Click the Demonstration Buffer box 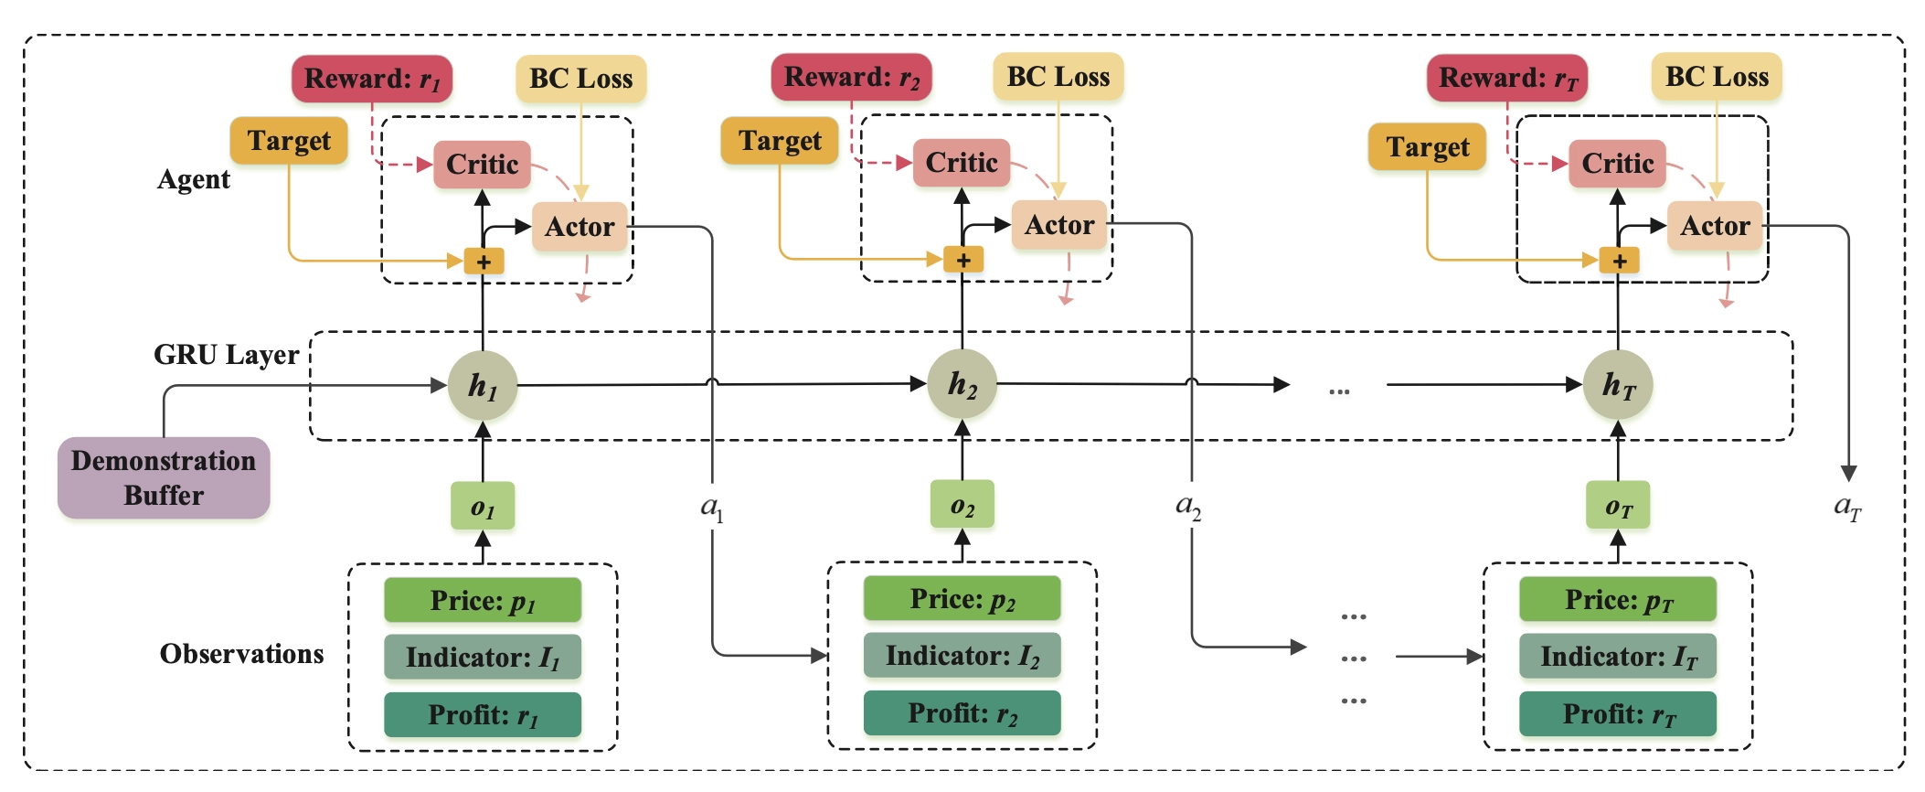[x=164, y=477]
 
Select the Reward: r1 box [x=372, y=79]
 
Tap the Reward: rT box [x=1507, y=78]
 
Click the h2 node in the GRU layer [x=962, y=384]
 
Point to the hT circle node [x=1618, y=385]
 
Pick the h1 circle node [x=483, y=386]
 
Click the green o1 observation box [x=483, y=507]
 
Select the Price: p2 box [x=962, y=599]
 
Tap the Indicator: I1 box [x=483, y=657]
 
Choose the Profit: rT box [x=1618, y=713]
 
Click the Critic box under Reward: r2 [x=962, y=163]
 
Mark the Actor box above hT [x=1715, y=226]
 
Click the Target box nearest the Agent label [x=289, y=141]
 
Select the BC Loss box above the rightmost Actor [x=1717, y=77]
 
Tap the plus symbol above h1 [x=484, y=262]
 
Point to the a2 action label [x=1188, y=506]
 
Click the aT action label [x=1847, y=507]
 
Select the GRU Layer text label [x=226, y=355]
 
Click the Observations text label [x=241, y=654]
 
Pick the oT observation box [x=1618, y=506]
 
